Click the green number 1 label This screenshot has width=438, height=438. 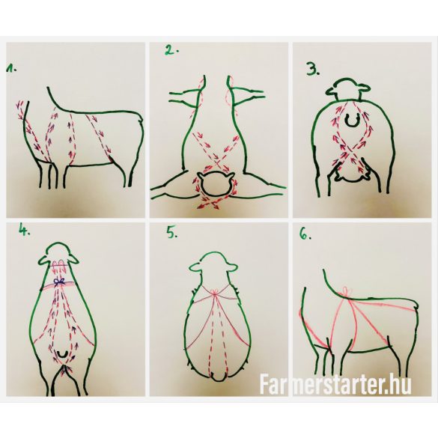click(x=11, y=68)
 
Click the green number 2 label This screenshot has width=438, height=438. click(x=171, y=51)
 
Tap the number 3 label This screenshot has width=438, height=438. click(x=312, y=69)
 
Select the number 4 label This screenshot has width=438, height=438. click(x=24, y=230)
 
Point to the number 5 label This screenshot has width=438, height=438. click(x=172, y=233)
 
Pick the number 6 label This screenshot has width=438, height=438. click(x=305, y=235)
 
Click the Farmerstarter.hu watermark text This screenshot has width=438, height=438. click(x=335, y=384)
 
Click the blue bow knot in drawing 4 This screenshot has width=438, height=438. click(x=59, y=282)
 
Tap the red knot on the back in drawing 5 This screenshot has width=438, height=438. click(x=215, y=293)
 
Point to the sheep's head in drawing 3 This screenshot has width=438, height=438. click(x=348, y=89)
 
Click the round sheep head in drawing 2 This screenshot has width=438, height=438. click(x=216, y=183)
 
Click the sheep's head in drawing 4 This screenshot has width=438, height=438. click(x=58, y=255)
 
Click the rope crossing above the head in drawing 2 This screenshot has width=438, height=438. click(x=217, y=162)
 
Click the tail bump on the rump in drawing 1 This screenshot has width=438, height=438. click(x=141, y=120)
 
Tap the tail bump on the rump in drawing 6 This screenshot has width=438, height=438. click(x=416, y=305)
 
